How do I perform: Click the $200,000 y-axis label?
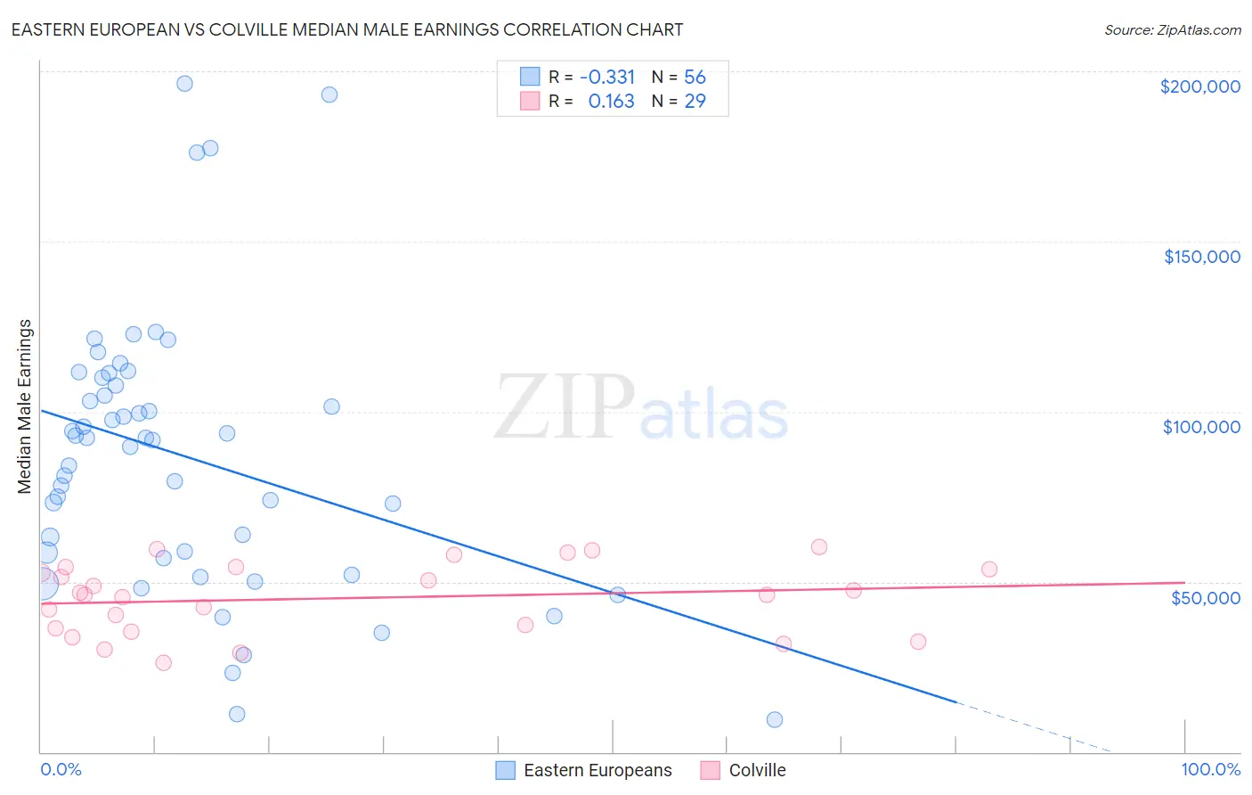pos(1199,86)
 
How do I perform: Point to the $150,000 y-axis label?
pos(1201,257)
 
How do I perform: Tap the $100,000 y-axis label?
pos(1201,427)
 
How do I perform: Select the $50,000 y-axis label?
pos(1205,597)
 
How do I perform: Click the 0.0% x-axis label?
pos(61,769)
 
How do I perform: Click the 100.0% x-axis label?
pos(1210,769)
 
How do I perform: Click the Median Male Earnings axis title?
pos(25,406)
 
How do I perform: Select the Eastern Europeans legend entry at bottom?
pos(584,770)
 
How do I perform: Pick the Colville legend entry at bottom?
pos(744,770)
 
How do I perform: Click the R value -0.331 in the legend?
pos(606,78)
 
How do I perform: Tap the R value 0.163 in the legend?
pos(611,102)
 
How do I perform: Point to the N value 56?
pos(695,78)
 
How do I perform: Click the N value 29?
pos(695,102)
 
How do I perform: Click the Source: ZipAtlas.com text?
pos(1172,29)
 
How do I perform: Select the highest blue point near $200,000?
pos(184,84)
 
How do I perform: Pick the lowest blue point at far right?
pos(775,719)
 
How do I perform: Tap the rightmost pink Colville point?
pos(989,570)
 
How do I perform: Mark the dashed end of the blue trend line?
pos(1033,727)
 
